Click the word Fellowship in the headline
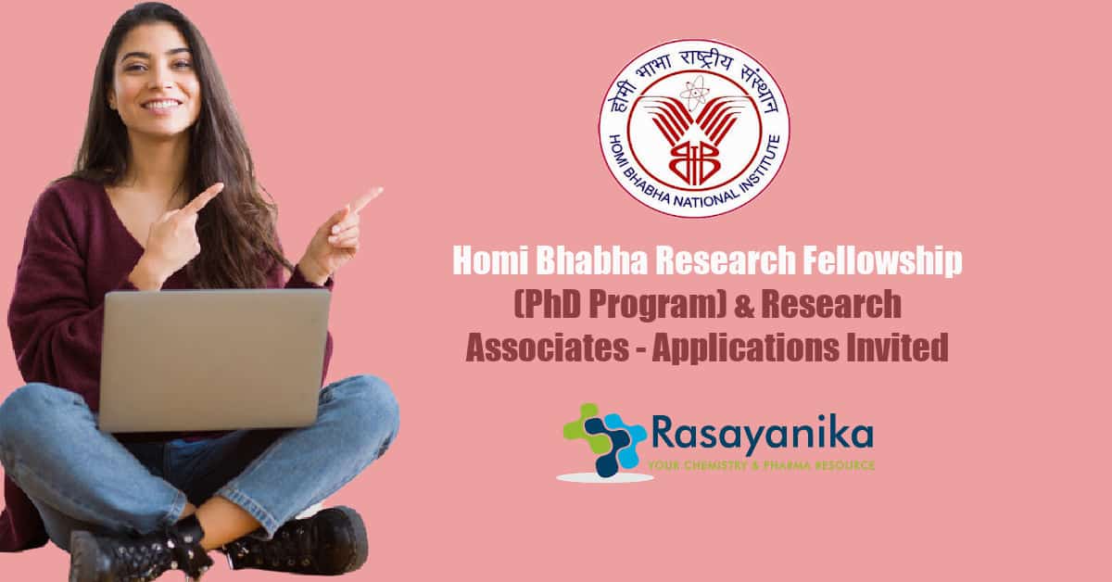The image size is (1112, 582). pyautogui.click(x=882, y=261)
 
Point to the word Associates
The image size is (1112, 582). pyautogui.click(x=548, y=348)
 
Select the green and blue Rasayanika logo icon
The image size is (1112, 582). pyautogui.click(x=604, y=440)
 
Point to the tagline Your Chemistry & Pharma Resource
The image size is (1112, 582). pyautogui.click(x=761, y=466)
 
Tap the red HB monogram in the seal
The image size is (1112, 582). pyautogui.click(x=693, y=160)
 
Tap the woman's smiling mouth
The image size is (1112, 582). pyautogui.click(x=162, y=106)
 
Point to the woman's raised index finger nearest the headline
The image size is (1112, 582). pyautogui.click(x=366, y=198)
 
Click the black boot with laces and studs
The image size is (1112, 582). pyautogui.click(x=142, y=549)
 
